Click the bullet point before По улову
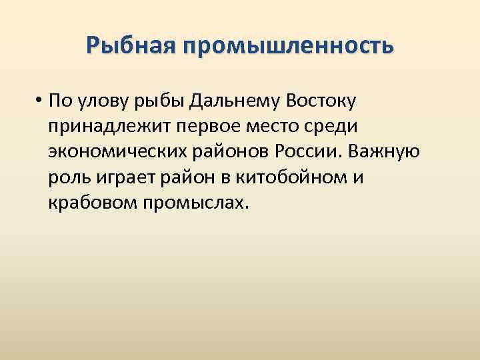(41, 101)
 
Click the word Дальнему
(233, 102)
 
